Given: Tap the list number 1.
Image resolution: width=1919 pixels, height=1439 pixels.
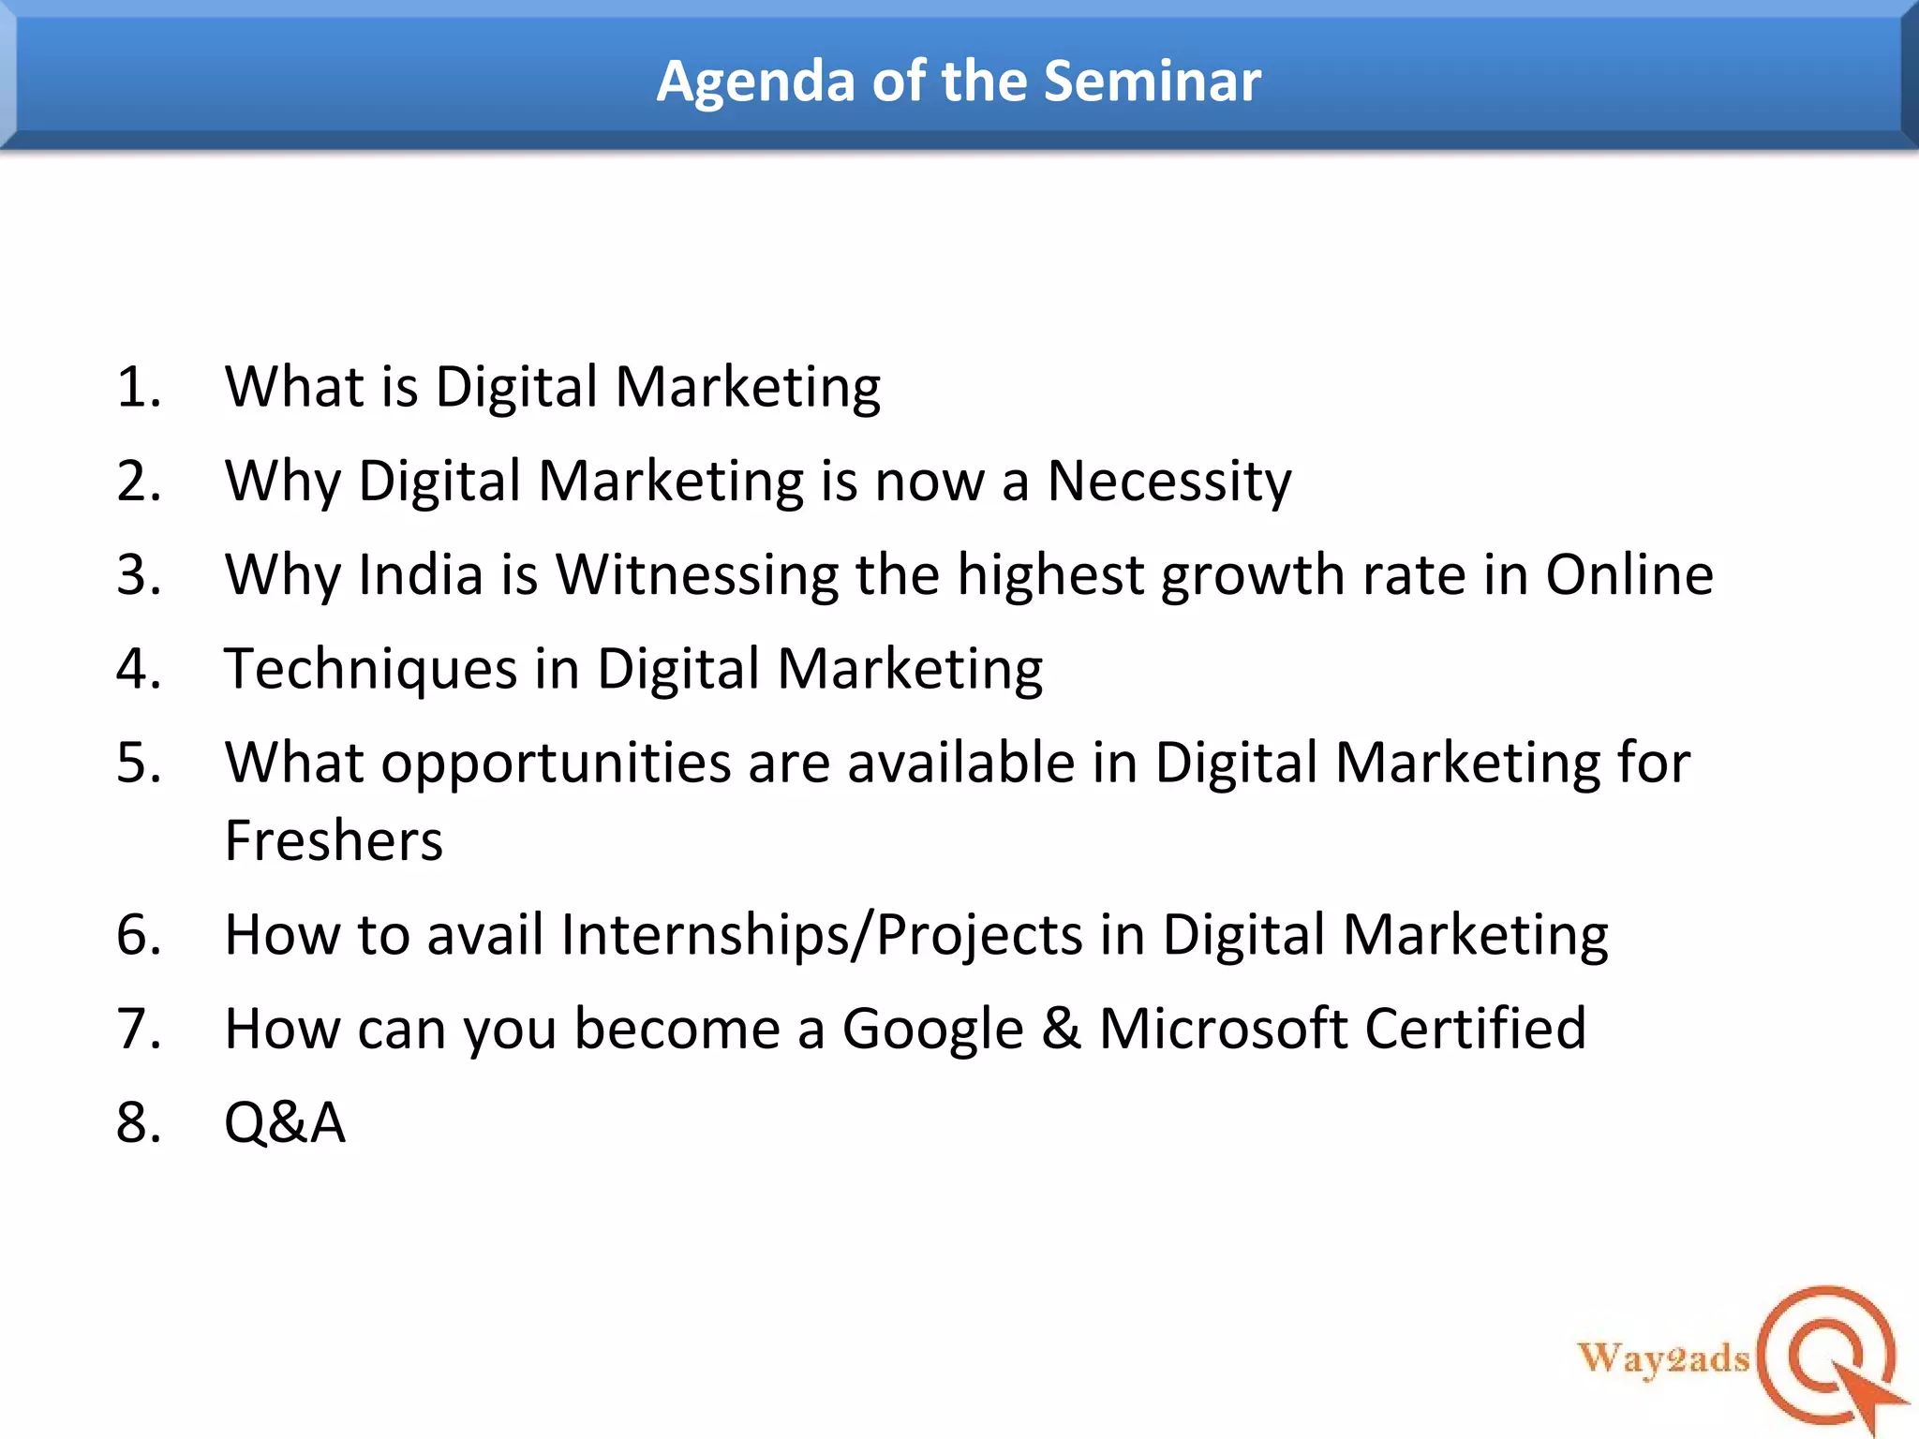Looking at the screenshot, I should tap(138, 386).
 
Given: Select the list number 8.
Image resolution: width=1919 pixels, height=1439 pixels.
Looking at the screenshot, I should tap(138, 1121).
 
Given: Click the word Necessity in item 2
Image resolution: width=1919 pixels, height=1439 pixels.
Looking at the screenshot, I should tap(1168, 482).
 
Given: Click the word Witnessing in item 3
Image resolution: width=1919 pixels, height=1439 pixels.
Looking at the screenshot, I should tap(697, 575).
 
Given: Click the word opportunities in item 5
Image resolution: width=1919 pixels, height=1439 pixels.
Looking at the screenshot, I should tap(556, 764).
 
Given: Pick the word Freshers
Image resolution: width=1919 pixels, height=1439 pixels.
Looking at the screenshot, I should tap(334, 839).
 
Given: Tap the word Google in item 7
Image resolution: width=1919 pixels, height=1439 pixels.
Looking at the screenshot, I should tap(932, 1030).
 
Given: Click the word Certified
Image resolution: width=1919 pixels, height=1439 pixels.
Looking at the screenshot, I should tap(1475, 1028).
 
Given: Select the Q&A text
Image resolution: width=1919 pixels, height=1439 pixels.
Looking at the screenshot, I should tap(285, 1121).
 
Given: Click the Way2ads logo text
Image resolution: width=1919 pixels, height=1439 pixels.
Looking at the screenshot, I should tap(1663, 1357).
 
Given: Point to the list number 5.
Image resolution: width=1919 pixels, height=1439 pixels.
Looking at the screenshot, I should tap(138, 762).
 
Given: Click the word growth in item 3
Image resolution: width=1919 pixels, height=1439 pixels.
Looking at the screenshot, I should tap(1253, 575).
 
